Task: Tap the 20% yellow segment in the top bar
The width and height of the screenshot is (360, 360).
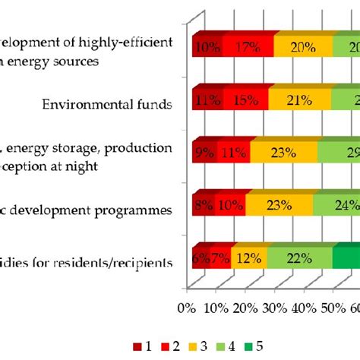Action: [x=303, y=47]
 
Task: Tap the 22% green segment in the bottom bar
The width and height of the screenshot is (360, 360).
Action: [x=299, y=259]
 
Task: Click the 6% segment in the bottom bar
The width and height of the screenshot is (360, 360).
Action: [x=201, y=259]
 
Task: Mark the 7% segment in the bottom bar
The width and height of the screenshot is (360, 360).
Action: [x=219, y=259]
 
